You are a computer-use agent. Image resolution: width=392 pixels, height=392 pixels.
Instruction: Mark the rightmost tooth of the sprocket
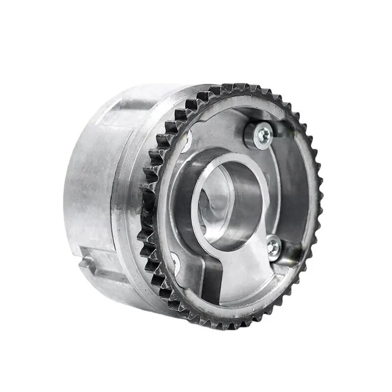(x=319, y=196)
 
